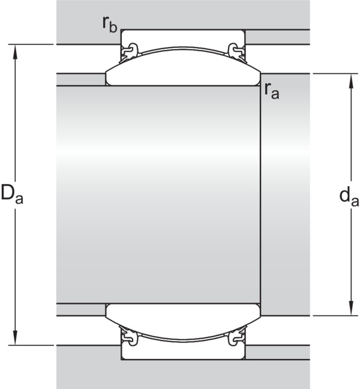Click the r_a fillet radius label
click(271, 91)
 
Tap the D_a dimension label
click(12, 193)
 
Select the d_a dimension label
click(349, 198)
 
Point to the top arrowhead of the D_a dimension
click(16, 52)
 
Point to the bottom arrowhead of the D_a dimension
click(16, 337)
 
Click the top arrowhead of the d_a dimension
click(351, 81)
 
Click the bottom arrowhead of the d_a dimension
click(351, 309)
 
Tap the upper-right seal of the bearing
click(237, 53)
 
